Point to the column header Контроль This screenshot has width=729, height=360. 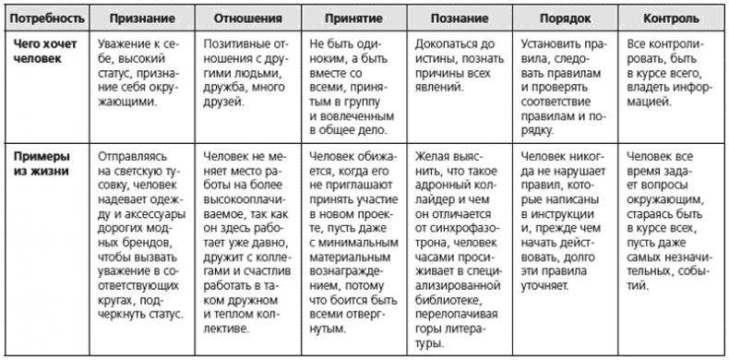click(668, 18)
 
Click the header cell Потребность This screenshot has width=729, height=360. click(42, 18)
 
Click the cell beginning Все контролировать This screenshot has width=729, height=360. click(666, 73)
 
